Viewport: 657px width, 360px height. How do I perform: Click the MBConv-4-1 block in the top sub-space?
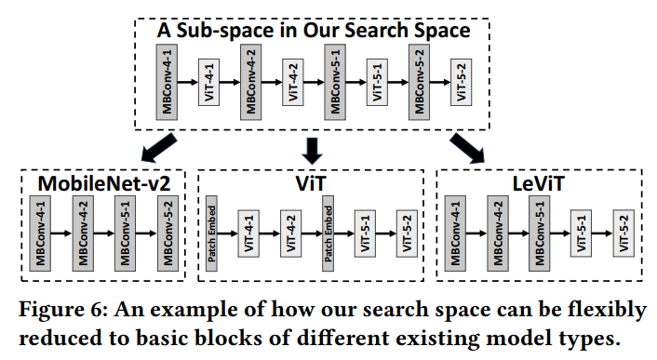tap(167, 82)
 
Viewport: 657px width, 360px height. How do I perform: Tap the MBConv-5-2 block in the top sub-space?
tap(417, 82)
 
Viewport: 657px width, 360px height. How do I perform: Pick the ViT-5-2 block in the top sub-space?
tap(460, 82)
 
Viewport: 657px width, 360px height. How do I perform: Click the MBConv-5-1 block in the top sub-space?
tap(334, 82)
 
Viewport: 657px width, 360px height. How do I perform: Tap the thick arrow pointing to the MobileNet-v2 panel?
tap(153, 145)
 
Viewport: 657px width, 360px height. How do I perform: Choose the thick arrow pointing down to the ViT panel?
tap(313, 146)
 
